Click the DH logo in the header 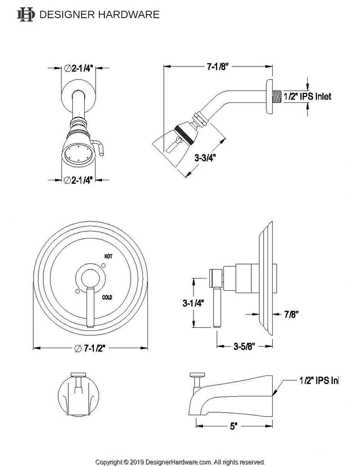click(x=25, y=15)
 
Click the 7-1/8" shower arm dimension click(x=217, y=66)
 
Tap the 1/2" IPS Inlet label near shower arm click(x=307, y=96)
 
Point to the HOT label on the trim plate click(x=108, y=257)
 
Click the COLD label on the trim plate click(x=107, y=297)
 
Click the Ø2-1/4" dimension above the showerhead click(x=79, y=68)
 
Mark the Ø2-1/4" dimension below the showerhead click(x=79, y=180)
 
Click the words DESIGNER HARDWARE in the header click(x=100, y=15)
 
